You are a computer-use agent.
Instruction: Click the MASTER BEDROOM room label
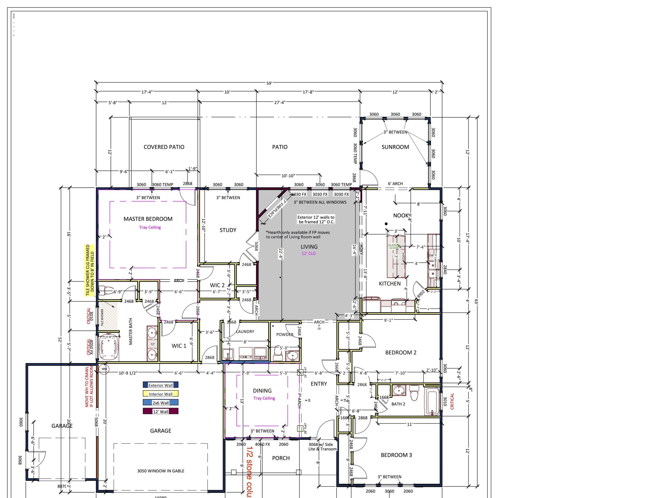[148, 219]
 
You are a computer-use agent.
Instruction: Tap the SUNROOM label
[395, 147]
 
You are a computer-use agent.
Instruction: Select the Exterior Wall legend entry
[161, 385]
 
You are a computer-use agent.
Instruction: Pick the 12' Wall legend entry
[161, 411]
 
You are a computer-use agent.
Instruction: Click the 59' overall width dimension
[269, 83]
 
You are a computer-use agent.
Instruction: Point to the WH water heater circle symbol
[104, 369]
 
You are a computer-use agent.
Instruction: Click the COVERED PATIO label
[164, 147]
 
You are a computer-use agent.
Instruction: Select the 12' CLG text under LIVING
[308, 254]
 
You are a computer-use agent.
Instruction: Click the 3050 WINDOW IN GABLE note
[161, 471]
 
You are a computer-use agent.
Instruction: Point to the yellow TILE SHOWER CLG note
[89, 271]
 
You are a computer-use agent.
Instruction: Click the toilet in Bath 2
[414, 393]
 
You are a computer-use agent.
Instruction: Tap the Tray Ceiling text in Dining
[264, 398]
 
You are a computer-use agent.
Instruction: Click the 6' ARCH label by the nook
[395, 184]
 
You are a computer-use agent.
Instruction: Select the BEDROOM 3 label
[396, 455]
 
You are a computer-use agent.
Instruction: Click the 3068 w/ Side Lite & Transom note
[322, 447]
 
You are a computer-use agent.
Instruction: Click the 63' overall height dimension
[476, 302]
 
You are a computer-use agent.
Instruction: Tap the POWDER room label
[285, 334]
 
